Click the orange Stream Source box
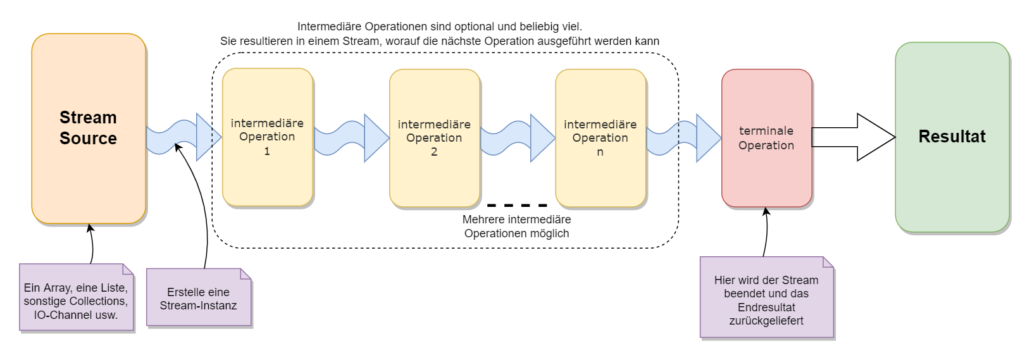[89, 128]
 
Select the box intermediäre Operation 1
[268, 137]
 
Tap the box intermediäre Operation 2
[435, 138]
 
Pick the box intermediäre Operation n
[600, 138]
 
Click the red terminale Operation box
[766, 138]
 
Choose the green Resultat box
[952, 137]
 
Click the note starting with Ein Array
[76, 297]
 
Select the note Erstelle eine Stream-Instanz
[199, 298]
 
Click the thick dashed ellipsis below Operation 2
[517, 206]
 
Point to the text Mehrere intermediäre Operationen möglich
[516, 227]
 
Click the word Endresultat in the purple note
[766, 307]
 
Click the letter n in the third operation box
[600, 152]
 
